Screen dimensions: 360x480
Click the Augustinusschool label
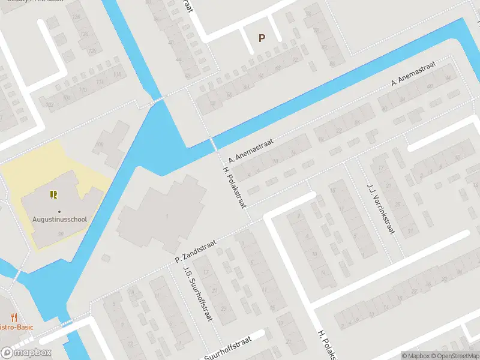[59, 220]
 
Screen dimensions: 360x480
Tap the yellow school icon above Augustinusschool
[53, 194]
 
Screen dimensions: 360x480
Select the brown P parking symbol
[262, 38]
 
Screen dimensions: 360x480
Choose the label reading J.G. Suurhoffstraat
[199, 295]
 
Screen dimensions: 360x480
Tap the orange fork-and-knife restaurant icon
[13, 318]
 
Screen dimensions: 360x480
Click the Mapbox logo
[26, 353]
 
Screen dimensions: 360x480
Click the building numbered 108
[98, 145]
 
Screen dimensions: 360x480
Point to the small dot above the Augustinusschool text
[59, 211]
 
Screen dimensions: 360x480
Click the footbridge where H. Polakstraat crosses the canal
[212, 144]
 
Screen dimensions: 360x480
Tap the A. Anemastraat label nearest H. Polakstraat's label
[251, 151]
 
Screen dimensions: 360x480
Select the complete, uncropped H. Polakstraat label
[235, 187]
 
